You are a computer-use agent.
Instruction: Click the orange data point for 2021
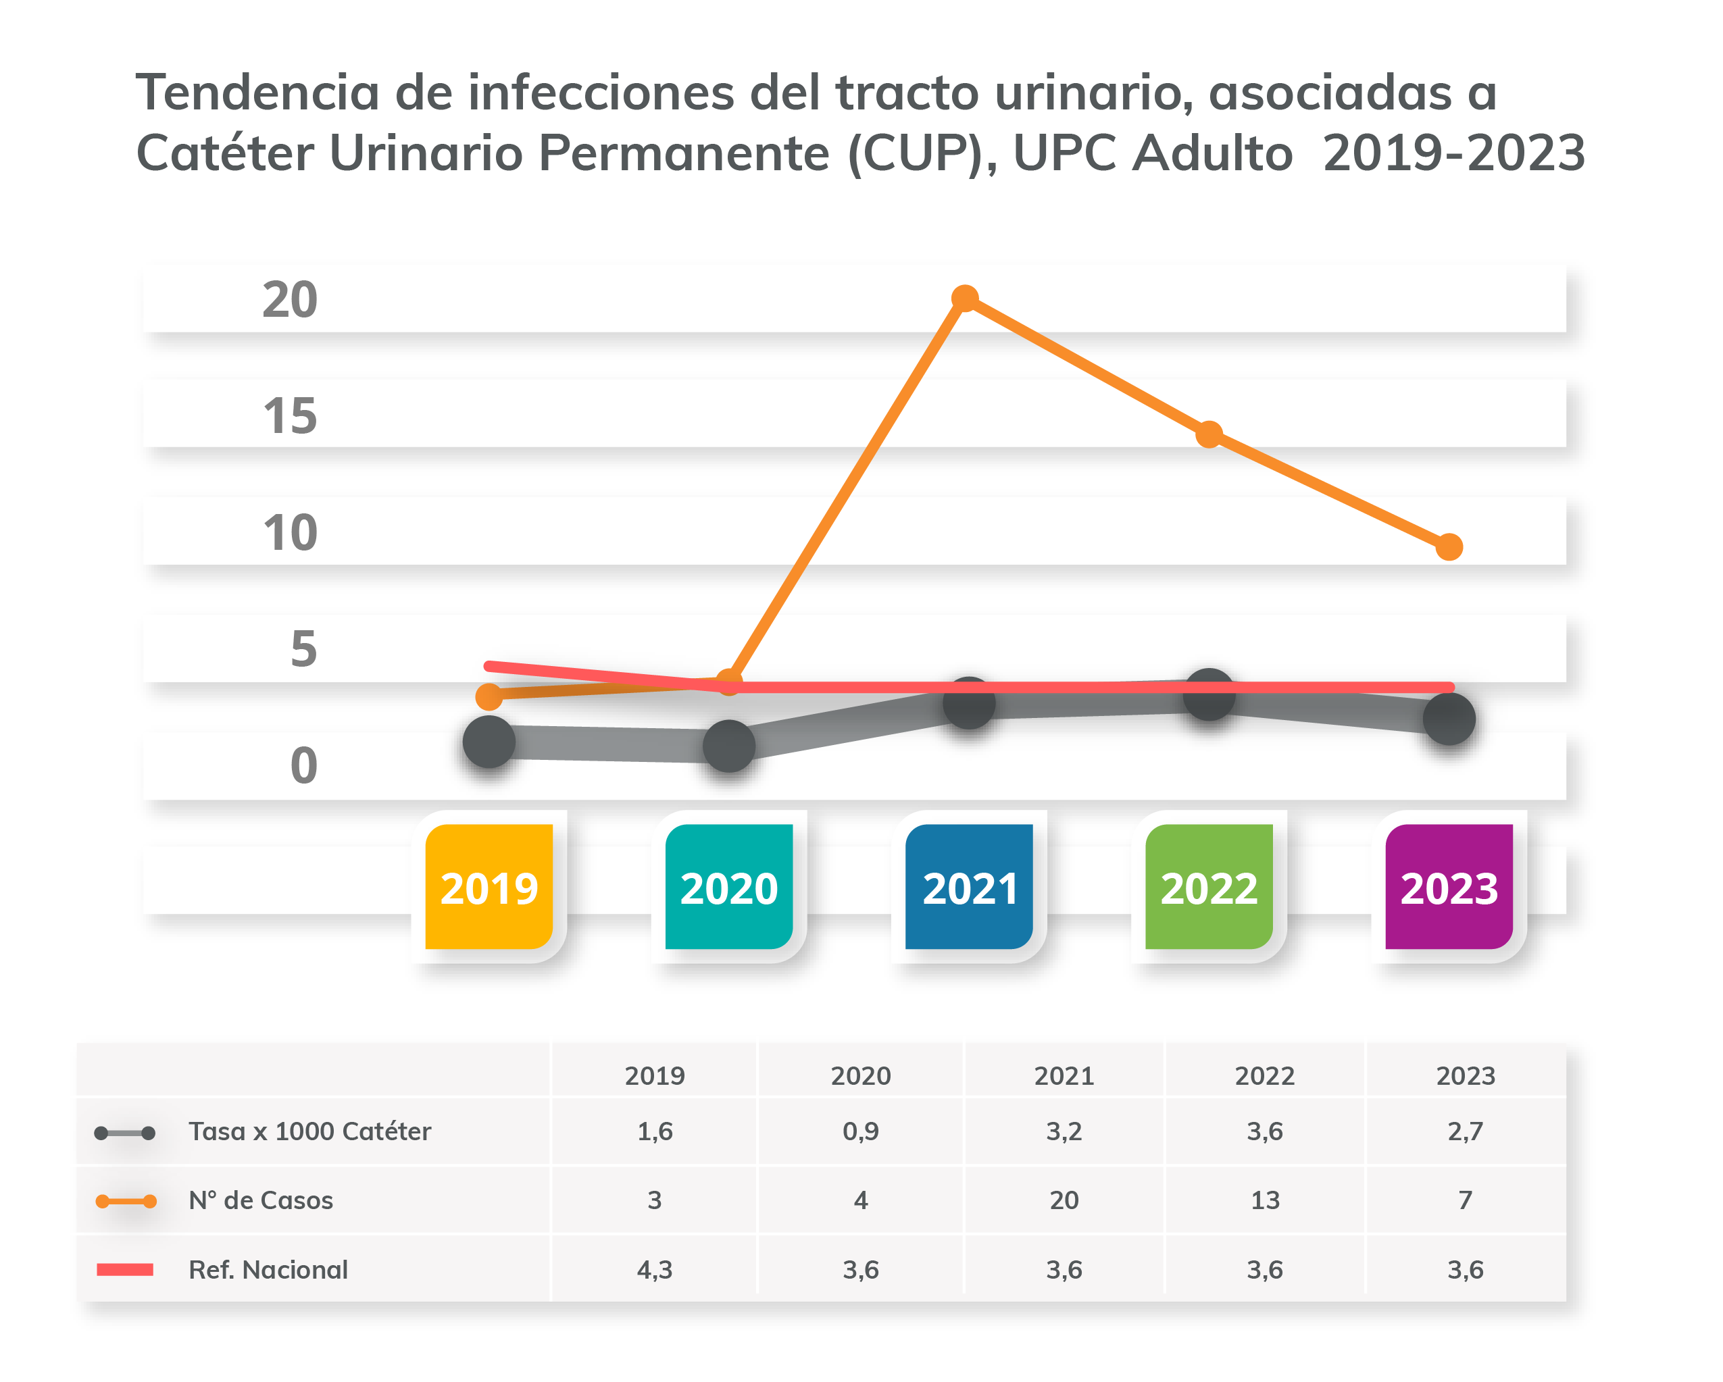pyautogui.click(x=966, y=298)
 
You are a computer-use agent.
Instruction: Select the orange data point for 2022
pyautogui.click(x=1209, y=434)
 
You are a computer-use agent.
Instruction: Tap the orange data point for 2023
pyautogui.click(x=1449, y=547)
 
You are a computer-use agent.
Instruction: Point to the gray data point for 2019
pyautogui.click(x=489, y=742)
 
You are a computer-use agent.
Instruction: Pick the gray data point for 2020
pyautogui.click(x=729, y=746)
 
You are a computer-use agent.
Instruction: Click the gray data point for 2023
pyautogui.click(x=1449, y=719)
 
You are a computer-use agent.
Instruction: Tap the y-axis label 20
pyautogui.click(x=290, y=301)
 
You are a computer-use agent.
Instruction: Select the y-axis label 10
pyautogui.click(x=290, y=533)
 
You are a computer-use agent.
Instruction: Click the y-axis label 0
pyautogui.click(x=303, y=765)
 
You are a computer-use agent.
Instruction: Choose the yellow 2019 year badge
pyautogui.click(x=489, y=887)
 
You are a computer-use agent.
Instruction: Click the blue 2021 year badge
pyautogui.click(x=970, y=887)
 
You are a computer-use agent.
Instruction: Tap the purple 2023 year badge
pyautogui.click(x=1449, y=887)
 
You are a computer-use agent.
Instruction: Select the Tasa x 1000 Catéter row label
pyautogui.click(x=310, y=1131)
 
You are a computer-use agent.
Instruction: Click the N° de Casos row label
pyautogui.click(x=261, y=1200)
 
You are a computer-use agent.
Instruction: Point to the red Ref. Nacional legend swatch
pyautogui.click(x=125, y=1269)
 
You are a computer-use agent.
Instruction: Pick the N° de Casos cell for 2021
pyautogui.click(x=1064, y=1200)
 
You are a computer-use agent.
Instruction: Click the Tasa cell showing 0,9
pyautogui.click(x=861, y=1131)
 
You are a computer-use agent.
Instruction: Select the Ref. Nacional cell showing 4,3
pyautogui.click(x=655, y=1269)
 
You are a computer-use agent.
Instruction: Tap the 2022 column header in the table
pyautogui.click(x=1264, y=1075)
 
